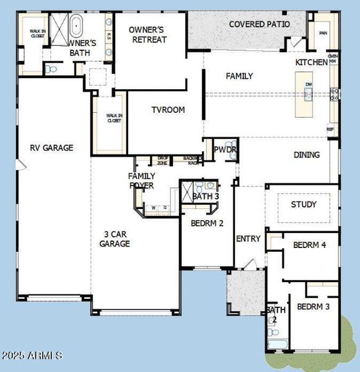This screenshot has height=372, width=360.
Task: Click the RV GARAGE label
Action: (x=52, y=148)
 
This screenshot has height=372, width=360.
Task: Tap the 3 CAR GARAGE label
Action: (x=115, y=239)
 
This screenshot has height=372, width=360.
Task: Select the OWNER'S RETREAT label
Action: (x=149, y=34)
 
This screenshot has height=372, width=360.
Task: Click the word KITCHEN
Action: (x=311, y=63)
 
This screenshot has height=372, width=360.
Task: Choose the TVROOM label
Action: (x=168, y=110)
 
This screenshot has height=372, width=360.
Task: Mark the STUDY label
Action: (x=304, y=204)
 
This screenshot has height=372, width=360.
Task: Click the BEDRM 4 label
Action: (x=310, y=245)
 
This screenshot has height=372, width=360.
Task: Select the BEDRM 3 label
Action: (x=313, y=306)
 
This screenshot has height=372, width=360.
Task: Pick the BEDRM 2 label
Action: (x=207, y=223)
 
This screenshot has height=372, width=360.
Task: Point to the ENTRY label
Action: (x=248, y=239)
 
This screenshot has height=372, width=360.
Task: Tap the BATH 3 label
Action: (x=205, y=197)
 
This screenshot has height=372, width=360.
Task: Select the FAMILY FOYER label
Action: (x=141, y=180)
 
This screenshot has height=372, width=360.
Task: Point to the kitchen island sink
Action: (x=309, y=95)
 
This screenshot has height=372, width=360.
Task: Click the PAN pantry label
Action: (x=323, y=33)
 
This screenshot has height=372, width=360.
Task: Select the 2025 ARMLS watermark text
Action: (x=32, y=355)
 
